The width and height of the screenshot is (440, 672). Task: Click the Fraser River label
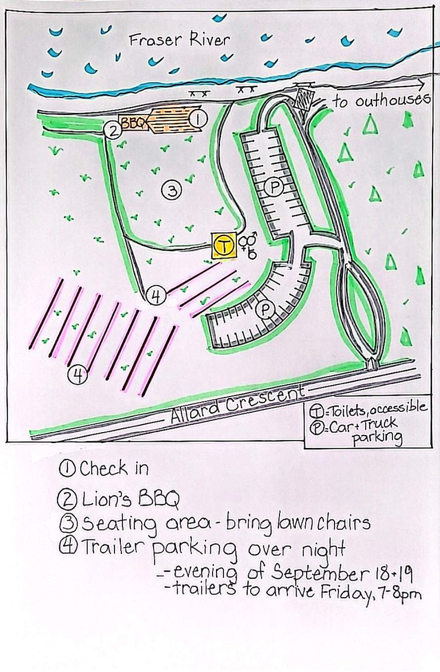coord(180,40)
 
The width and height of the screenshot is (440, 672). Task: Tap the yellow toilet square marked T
coord(224,246)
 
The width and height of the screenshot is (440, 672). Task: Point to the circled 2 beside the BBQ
coord(113,131)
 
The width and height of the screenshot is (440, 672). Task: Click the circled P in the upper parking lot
coord(274,187)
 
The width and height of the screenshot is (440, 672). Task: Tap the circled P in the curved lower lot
coord(265,310)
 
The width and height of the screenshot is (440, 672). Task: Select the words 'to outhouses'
coord(382,101)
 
